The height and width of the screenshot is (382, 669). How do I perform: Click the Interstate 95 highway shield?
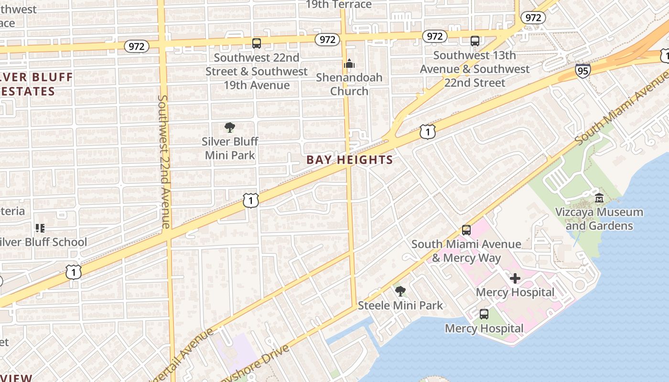tap(583, 70)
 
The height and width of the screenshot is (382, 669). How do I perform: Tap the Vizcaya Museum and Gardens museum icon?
tap(599, 198)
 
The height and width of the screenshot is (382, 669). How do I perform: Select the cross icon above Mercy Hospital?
tap(515, 278)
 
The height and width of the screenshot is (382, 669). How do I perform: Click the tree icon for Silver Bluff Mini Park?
tap(230, 127)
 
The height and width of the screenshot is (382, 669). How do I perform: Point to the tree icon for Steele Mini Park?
tap(400, 291)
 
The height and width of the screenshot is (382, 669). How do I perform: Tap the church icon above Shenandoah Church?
tap(349, 64)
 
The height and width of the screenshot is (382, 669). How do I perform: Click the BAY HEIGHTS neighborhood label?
tap(350, 160)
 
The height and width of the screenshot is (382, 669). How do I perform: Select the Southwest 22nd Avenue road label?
tap(164, 161)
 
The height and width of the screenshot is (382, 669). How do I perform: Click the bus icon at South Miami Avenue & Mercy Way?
tap(466, 230)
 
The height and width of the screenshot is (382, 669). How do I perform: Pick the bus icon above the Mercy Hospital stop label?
tap(484, 314)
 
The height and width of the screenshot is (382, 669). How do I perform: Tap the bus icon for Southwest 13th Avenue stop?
tap(475, 41)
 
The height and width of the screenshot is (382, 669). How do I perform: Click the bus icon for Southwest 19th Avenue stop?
tap(257, 43)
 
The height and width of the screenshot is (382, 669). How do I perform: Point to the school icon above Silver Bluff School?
tap(40, 228)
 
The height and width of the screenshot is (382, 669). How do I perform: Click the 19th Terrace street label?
tap(338, 5)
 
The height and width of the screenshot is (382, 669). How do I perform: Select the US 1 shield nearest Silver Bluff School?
tap(74, 272)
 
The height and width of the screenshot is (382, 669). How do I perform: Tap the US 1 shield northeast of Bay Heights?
tap(428, 131)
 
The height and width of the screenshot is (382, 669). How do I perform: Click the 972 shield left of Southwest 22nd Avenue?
tap(137, 46)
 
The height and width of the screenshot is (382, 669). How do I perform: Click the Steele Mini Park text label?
tap(400, 305)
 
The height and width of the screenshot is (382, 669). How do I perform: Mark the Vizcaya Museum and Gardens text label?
tap(599, 219)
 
